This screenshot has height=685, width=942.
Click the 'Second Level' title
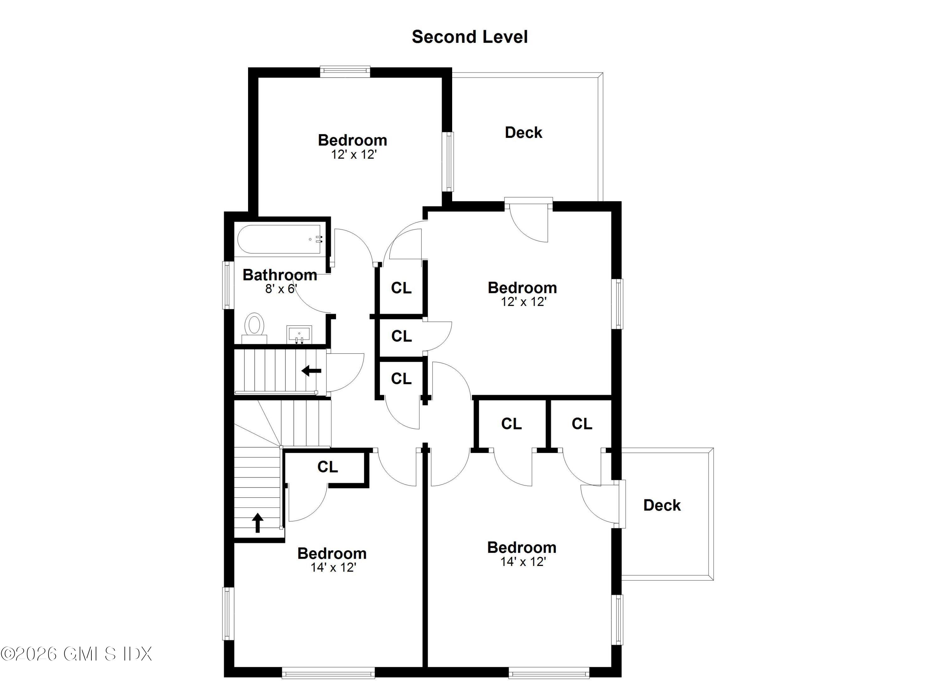pyautogui.click(x=469, y=37)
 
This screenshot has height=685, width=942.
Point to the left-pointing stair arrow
pyautogui.click(x=311, y=371)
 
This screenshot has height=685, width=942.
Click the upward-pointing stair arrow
pyautogui.click(x=257, y=523)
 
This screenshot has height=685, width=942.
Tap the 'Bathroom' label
pyautogui.click(x=280, y=275)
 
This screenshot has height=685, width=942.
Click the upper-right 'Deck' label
pyautogui.click(x=523, y=133)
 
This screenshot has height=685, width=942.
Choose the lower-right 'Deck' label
pyautogui.click(x=662, y=505)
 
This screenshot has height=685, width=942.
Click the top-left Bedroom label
pyautogui.click(x=353, y=140)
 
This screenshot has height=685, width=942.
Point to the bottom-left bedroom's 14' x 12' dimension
pyautogui.click(x=333, y=568)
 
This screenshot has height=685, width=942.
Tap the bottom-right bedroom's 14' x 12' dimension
pyautogui.click(x=523, y=562)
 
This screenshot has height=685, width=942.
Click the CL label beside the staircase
pyautogui.click(x=328, y=467)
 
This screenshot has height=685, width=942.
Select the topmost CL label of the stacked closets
pyautogui.click(x=401, y=288)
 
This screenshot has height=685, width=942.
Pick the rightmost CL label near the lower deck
pyautogui.click(x=582, y=424)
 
